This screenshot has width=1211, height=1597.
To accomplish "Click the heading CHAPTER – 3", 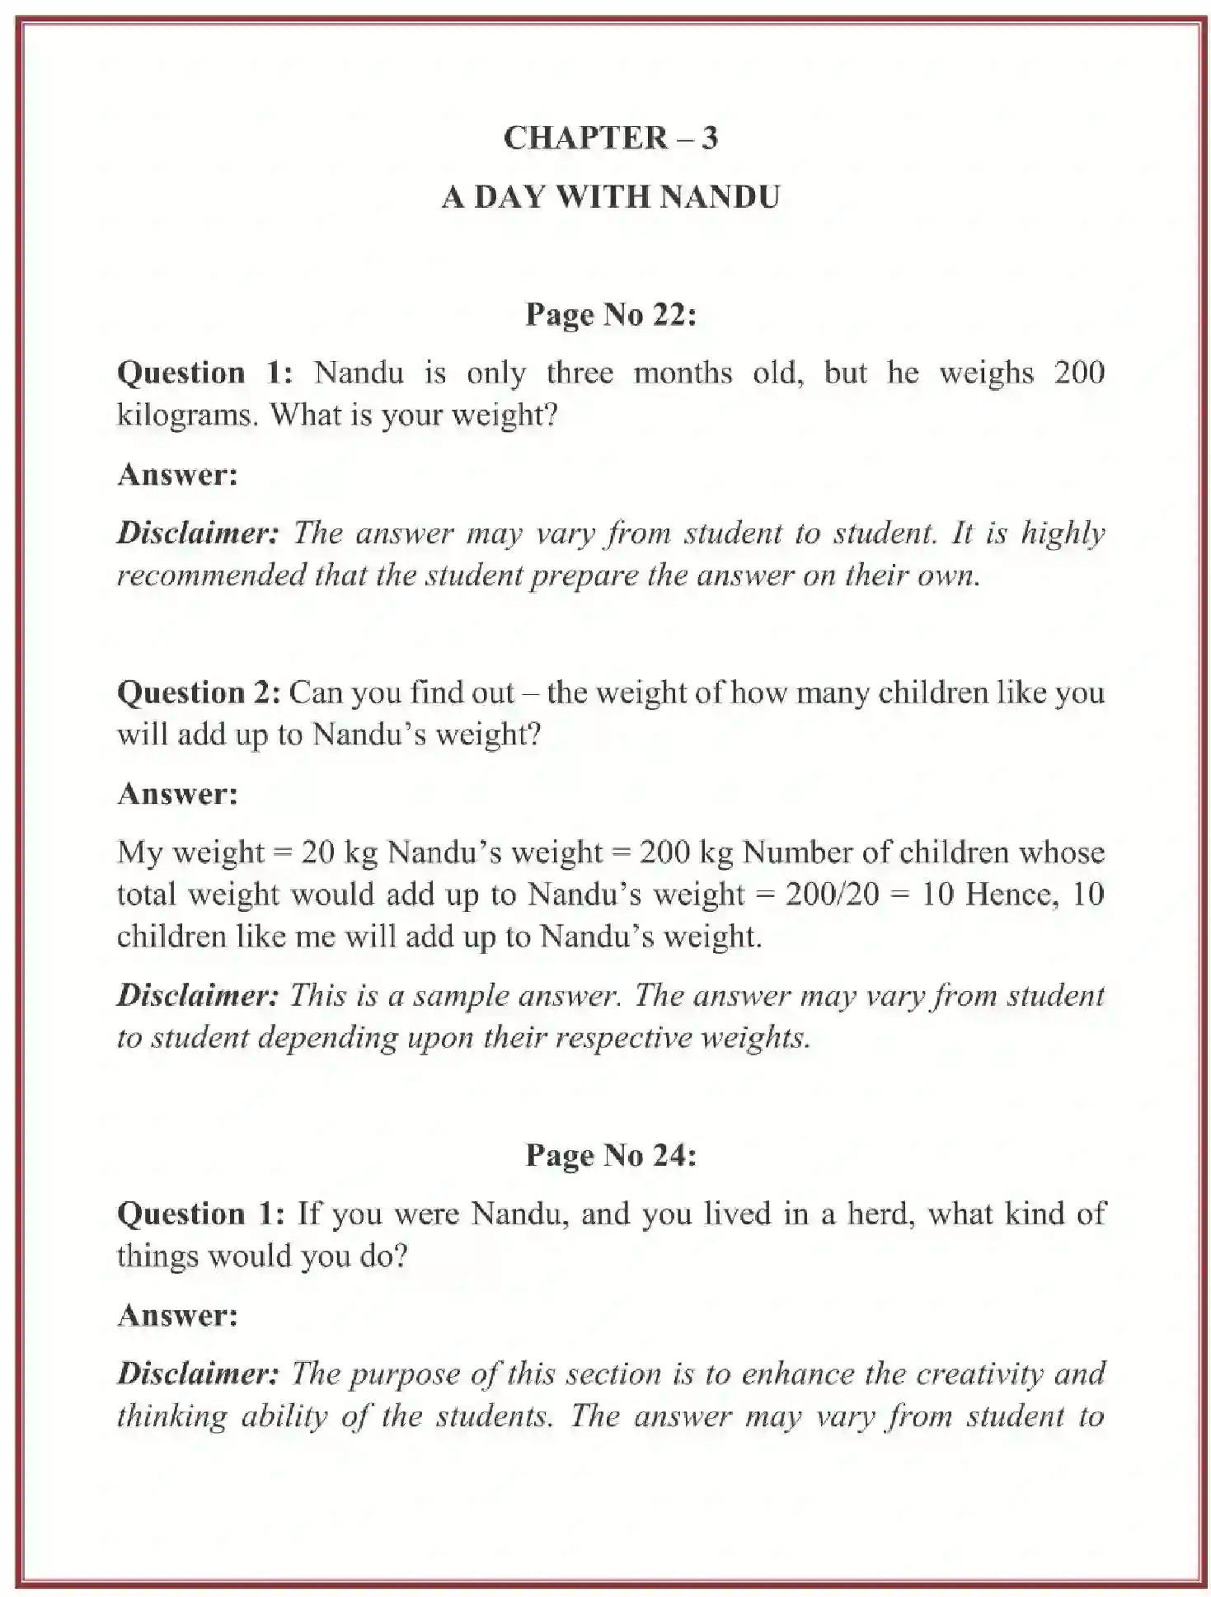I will point(610,138).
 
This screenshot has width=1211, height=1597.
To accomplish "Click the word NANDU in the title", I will point(719,197).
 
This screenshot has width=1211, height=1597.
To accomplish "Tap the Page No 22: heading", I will point(610,314).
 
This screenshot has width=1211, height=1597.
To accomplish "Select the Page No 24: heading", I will point(610,1155).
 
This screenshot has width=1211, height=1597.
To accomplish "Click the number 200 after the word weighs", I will point(1078,373).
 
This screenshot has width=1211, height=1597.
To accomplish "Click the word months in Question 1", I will point(683,373).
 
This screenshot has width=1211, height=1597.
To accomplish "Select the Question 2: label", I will point(199,693).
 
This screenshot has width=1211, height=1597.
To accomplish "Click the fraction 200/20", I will point(832,894).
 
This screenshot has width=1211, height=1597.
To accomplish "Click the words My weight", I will point(190,852).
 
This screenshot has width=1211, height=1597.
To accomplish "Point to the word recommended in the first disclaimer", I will point(210,575).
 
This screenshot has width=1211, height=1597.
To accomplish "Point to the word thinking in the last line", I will point(171,1416).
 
